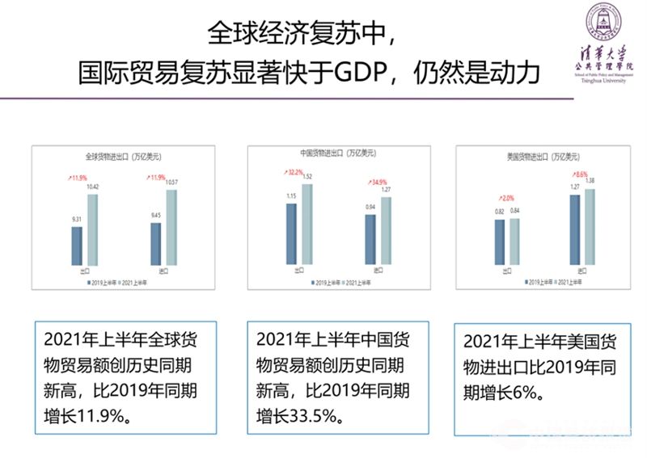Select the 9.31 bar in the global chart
77,246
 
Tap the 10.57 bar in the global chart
171,227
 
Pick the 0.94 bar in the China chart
370,239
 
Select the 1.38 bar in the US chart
590,227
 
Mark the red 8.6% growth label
581,174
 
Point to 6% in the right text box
524,394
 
